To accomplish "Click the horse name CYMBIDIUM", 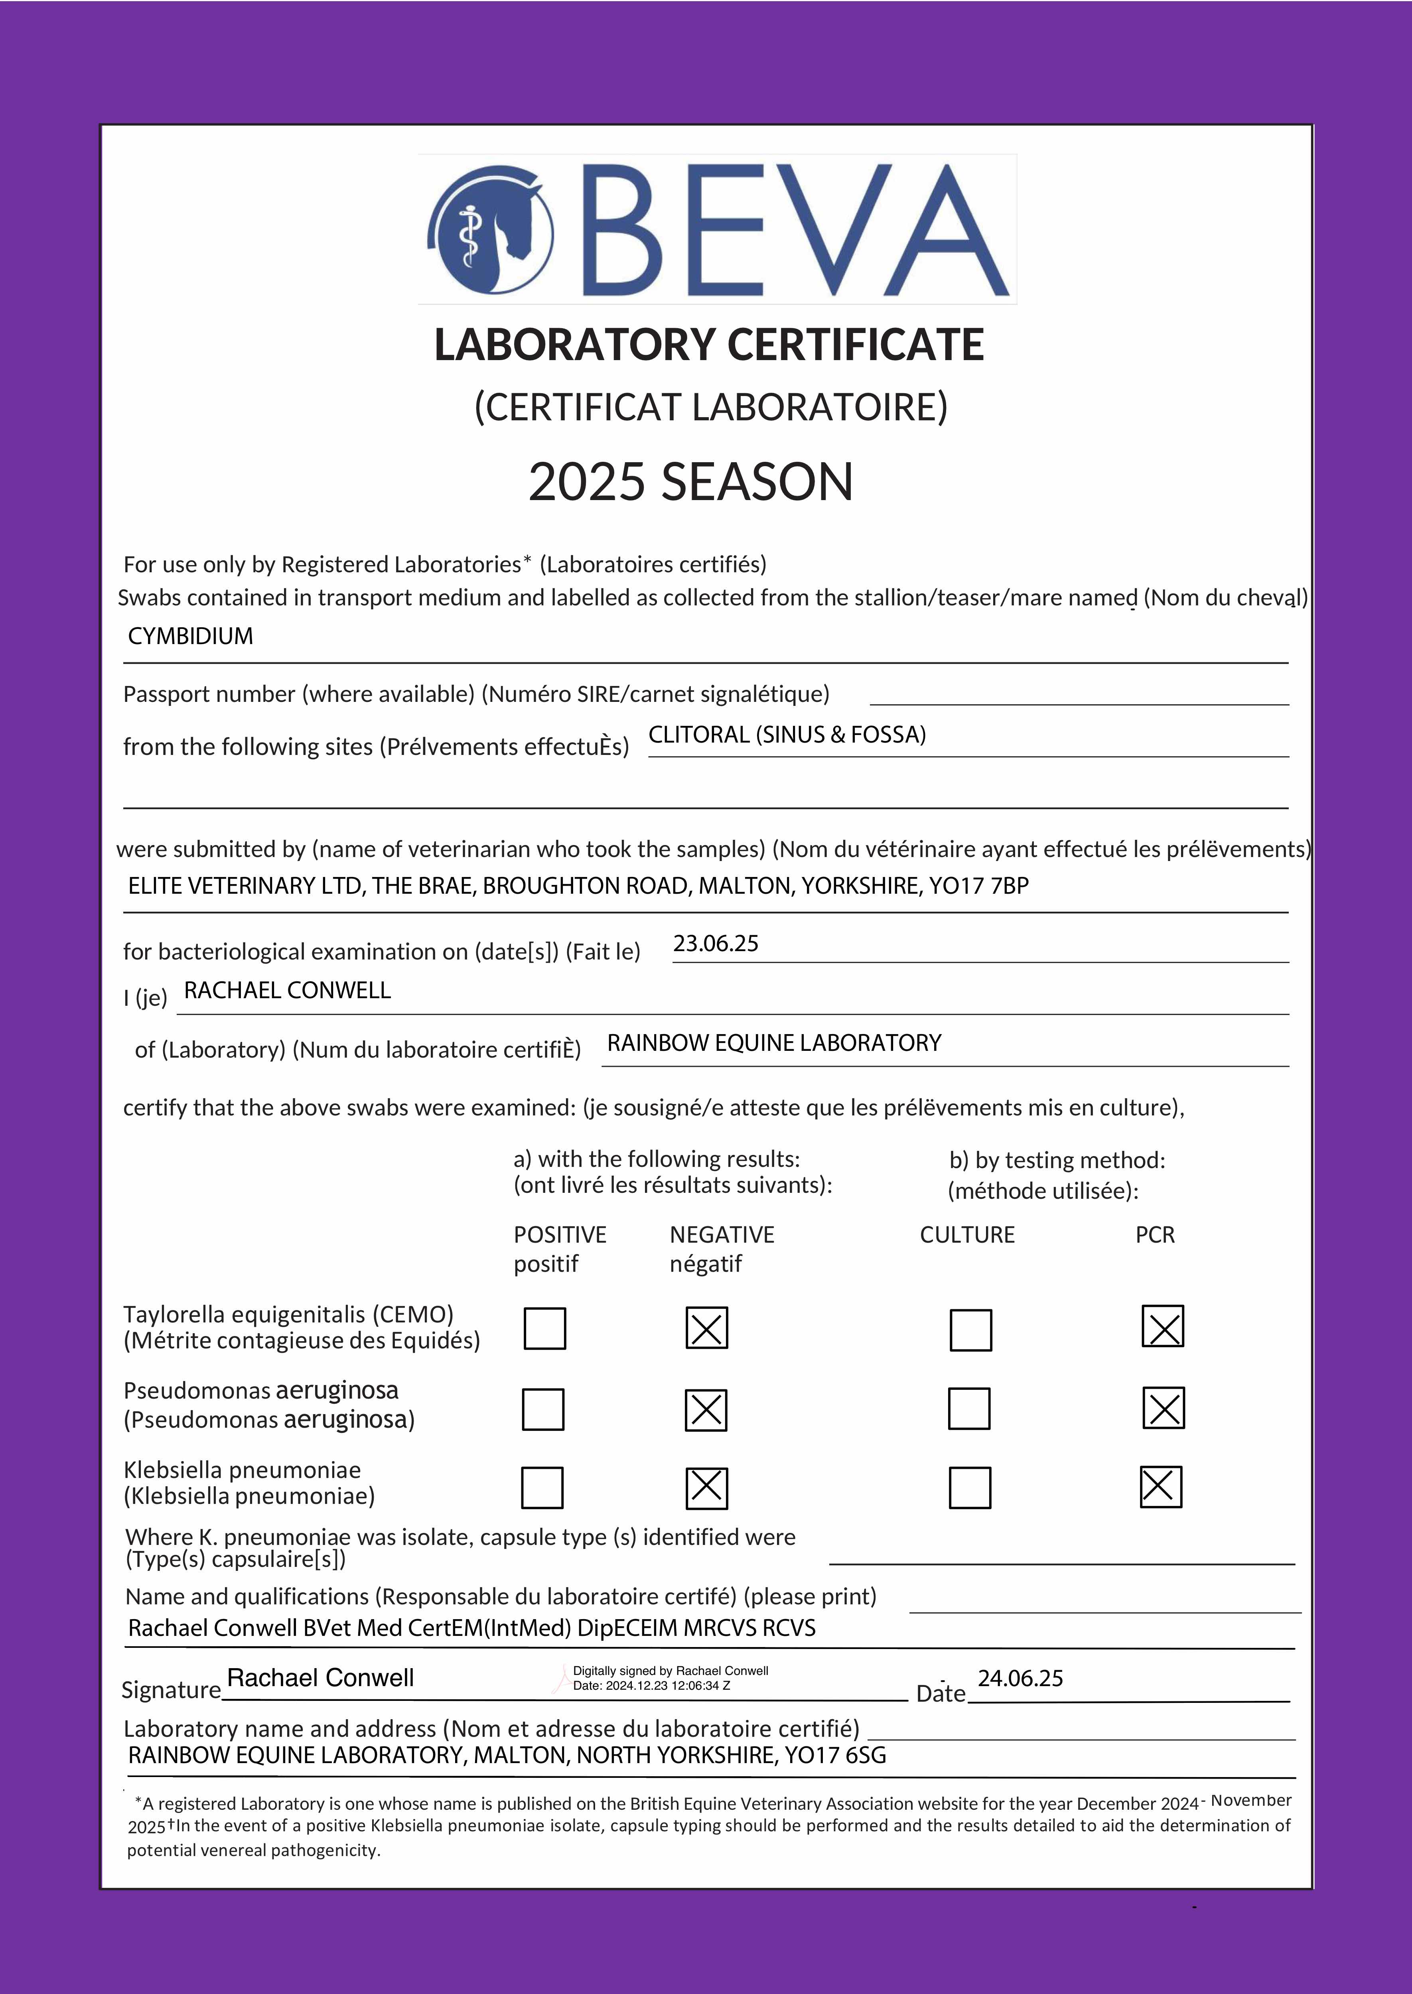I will coord(190,636).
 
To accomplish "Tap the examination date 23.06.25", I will coord(716,944).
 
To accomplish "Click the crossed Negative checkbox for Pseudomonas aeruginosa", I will coord(706,1409).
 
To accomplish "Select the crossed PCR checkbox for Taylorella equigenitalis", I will coord(1162,1326).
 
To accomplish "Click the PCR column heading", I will coord(1155,1235).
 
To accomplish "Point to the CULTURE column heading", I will coord(967,1235).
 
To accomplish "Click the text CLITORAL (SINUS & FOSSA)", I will coord(787,735).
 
